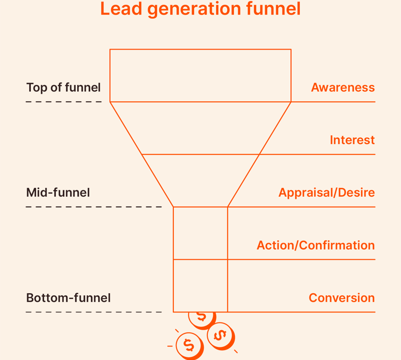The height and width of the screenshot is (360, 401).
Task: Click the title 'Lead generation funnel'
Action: pyautogui.click(x=200, y=9)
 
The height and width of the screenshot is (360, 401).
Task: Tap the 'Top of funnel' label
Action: pyautogui.click(x=63, y=88)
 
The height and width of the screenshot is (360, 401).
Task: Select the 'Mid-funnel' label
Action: pyautogui.click(x=58, y=193)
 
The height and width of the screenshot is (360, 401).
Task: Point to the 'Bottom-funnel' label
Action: pyautogui.click(x=68, y=298)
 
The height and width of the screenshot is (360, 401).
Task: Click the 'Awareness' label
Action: pyautogui.click(x=343, y=88)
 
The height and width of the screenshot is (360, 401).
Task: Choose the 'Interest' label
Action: pyautogui.click(x=352, y=140)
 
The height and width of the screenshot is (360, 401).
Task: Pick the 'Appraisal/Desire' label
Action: pyautogui.click(x=326, y=193)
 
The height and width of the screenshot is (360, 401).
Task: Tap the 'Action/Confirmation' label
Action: pyautogui.click(x=315, y=245)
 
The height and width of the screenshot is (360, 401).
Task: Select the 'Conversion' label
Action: pyautogui.click(x=341, y=298)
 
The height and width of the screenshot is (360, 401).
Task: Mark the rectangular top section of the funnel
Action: pyautogui.click(x=200, y=75)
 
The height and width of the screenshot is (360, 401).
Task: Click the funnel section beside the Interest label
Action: pyautogui.click(x=200, y=128)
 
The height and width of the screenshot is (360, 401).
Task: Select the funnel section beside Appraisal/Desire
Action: pyautogui.click(x=200, y=181)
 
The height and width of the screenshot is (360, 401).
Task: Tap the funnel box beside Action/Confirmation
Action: pyautogui.click(x=200, y=233)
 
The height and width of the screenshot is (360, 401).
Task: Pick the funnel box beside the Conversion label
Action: pyautogui.click(x=200, y=286)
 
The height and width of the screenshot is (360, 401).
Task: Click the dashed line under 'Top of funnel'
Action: pyautogui.click(x=63, y=102)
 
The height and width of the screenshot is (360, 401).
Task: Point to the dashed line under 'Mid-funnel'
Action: pyautogui.click(x=94, y=207)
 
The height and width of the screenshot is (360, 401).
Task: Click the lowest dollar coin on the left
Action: pyautogui.click(x=188, y=345)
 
